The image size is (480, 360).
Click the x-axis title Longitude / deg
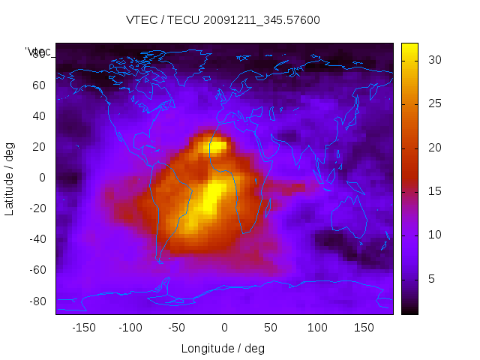(223, 348)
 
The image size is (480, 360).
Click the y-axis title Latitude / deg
(10, 178)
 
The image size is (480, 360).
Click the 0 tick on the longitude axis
(224, 328)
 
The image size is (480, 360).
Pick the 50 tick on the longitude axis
(270, 328)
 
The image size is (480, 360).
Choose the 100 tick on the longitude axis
(317, 328)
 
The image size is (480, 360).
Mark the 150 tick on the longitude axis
(364, 328)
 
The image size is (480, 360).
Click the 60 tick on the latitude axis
(39, 85)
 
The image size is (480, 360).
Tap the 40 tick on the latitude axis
(39, 115)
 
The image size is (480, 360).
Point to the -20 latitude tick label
(37, 208)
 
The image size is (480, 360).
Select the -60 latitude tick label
(37, 270)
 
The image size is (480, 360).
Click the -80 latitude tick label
(37, 301)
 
